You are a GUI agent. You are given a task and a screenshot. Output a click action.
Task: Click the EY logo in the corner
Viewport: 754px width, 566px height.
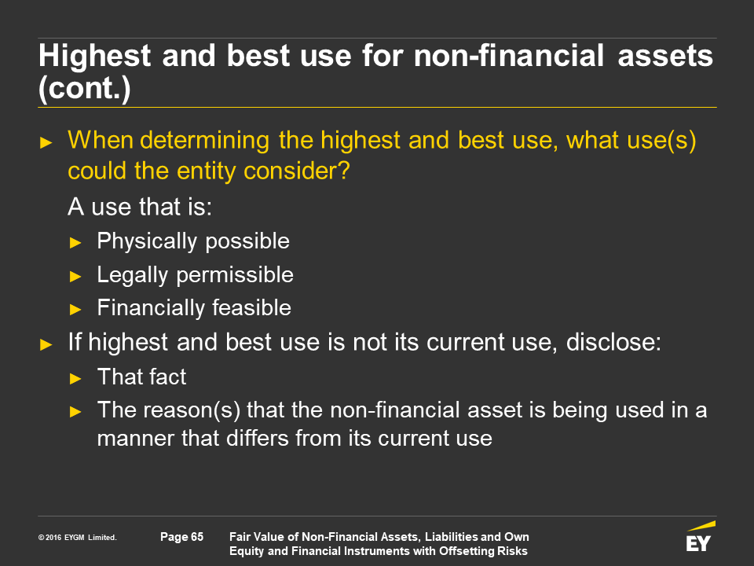coord(700,536)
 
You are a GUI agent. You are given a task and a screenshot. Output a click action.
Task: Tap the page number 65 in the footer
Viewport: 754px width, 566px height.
coord(181,537)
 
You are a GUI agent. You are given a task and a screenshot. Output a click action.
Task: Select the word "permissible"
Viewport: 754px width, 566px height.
coord(235,275)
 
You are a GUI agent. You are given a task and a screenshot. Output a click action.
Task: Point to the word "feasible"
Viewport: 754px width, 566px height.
coord(251,307)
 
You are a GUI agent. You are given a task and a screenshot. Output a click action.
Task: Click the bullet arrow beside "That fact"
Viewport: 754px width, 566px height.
coord(75,379)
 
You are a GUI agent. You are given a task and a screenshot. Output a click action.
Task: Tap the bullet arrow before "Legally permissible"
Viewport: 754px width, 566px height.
coord(75,277)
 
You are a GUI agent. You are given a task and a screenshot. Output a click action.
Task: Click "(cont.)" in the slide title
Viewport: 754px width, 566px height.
coord(85,89)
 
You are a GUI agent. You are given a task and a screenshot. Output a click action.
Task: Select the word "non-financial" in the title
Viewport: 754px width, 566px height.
coord(509,55)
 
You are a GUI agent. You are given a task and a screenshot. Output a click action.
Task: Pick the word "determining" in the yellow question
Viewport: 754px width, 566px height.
coord(204,141)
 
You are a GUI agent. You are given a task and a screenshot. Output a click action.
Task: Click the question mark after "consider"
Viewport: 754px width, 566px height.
coord(344,171)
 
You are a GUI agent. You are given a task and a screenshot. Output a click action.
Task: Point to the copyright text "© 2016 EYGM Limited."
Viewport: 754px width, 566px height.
coord(78,538)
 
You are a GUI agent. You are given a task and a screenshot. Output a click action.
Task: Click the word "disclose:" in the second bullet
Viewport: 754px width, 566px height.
coord(613,342)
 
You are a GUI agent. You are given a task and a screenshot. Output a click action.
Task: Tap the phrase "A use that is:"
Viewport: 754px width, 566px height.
coord(140,207)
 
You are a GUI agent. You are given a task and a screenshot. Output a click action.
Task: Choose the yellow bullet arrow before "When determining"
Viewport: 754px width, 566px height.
coord(46,142)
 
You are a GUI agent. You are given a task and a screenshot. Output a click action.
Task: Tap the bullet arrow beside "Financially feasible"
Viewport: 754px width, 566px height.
coord(75,310)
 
